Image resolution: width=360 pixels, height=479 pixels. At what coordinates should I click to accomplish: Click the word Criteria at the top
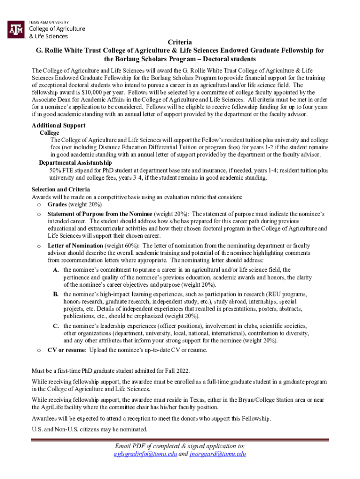point(180,42)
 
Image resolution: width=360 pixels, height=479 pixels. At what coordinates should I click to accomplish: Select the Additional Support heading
point(58,125)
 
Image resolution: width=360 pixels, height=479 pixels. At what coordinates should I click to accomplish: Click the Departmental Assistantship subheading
point(75,162)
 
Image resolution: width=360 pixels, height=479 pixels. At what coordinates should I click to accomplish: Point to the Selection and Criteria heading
point(61,189)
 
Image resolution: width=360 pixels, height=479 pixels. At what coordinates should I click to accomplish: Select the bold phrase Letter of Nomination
point(75,246)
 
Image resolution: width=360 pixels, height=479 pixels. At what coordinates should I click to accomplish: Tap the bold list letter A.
point(56,270)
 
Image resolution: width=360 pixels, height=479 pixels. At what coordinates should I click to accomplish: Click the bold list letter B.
point(56,294)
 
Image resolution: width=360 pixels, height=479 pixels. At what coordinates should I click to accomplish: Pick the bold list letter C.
point(56,326)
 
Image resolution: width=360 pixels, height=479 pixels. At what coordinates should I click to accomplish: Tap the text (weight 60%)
point(122,246)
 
